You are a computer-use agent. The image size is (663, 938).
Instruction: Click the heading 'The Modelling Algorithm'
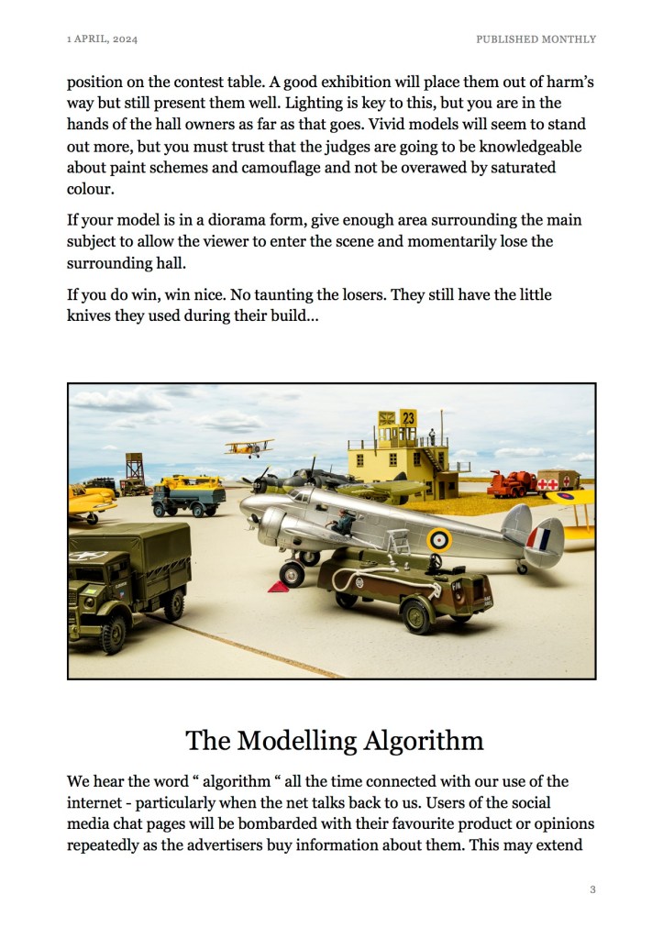tap(334, 740)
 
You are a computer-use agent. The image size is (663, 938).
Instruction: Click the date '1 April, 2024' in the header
tap(102, 39)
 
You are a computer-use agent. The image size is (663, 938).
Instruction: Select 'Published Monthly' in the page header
tap(536, 39)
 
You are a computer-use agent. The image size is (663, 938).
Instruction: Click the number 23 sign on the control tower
tap(408, 418)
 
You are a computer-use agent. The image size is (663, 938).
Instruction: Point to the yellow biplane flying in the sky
tap(249, 447)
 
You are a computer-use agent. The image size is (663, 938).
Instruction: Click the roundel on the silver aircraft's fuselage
tap(439, 540)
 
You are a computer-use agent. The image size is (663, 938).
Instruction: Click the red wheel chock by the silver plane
tap(278, 586)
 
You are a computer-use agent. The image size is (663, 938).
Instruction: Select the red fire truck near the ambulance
tap(510, 483)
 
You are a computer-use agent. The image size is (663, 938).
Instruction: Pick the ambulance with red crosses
tap(558, 480)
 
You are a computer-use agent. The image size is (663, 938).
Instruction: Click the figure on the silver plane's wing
tap(342, 523)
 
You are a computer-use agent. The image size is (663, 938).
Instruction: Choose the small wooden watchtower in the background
tap(135, 472)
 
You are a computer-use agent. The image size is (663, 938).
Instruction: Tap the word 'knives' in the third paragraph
tap(93, 316)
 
